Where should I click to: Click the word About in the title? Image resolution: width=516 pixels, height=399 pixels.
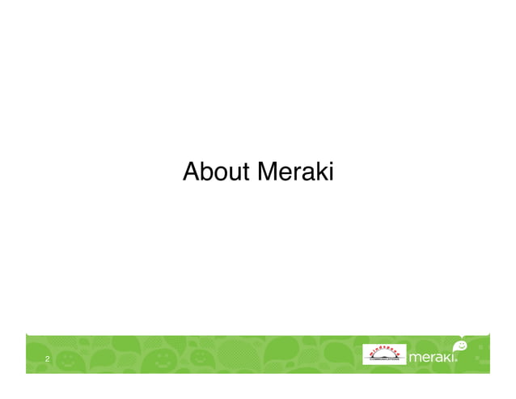(218, 172)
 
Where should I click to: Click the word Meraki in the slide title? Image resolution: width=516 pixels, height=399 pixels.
(295, 172)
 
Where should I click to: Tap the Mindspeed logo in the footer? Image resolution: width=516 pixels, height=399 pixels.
(384, 355)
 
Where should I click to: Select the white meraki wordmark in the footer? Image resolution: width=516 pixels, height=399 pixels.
(434, 358)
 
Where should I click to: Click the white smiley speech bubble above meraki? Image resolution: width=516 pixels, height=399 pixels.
(459, 345)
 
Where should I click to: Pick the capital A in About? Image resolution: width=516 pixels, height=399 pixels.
(191, 172)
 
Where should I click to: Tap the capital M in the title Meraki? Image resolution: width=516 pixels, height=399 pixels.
(268, 172)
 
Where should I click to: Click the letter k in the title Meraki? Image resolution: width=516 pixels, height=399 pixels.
(321, 172)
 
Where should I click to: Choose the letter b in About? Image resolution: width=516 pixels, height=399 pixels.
(207, 172)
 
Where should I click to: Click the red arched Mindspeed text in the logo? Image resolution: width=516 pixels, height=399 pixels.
(384, 350)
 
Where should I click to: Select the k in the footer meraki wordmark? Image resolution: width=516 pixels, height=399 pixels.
(450, 358)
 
